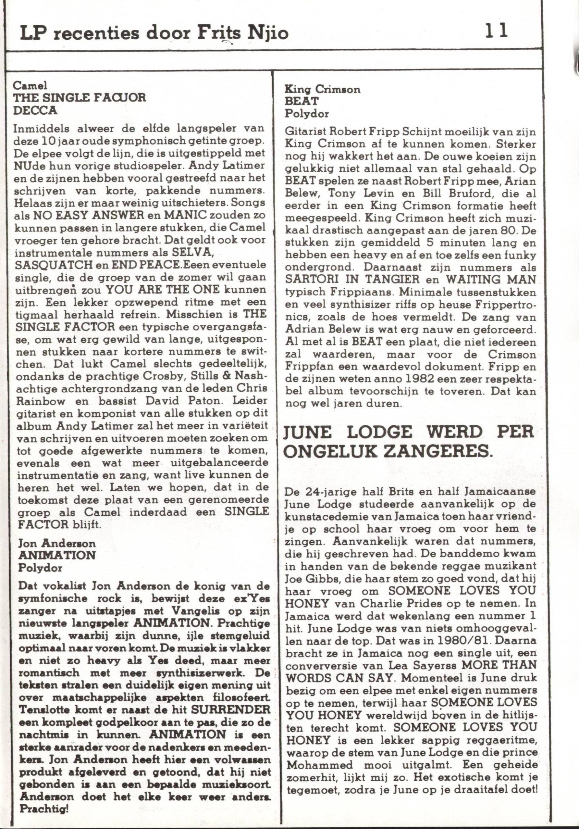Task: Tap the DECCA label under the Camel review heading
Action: [x=35, y=111]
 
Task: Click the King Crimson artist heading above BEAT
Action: [x=323, y=89]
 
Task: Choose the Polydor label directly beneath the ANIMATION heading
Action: [x=40, y=568]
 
